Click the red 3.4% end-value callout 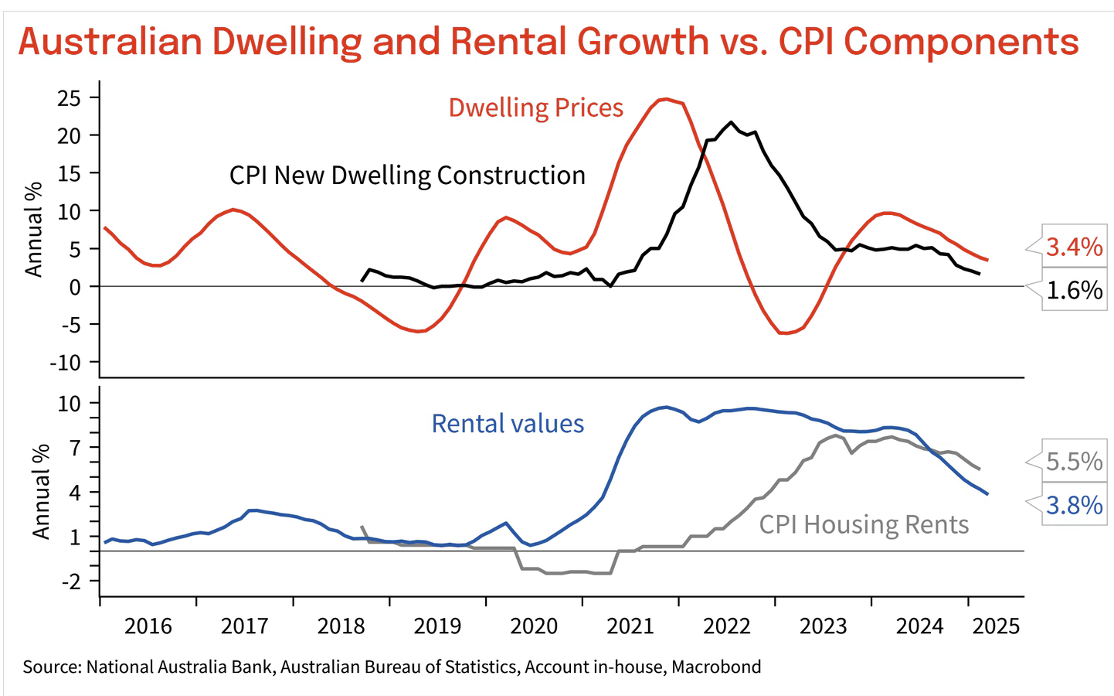tap(1074, 247)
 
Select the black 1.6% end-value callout tap(1074, 290)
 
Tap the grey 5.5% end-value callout tap(1074, 462)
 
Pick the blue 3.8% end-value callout tap(1074, 505)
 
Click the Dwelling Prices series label tap(535, 107)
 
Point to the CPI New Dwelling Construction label tap(407, 176)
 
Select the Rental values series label tap(508, 424)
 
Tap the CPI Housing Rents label tap(864, 524)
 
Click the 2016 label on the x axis tap(148, 626)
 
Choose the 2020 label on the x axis tap(534, 626)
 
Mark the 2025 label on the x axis tap(996, 626)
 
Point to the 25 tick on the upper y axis tap(70, 97)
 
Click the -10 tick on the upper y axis tap(65, 362)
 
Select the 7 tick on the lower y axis tap(75, 447)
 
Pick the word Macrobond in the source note tap(716, 667)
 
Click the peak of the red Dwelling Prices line tap(666, 99)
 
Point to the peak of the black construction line tap(732, 122)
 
